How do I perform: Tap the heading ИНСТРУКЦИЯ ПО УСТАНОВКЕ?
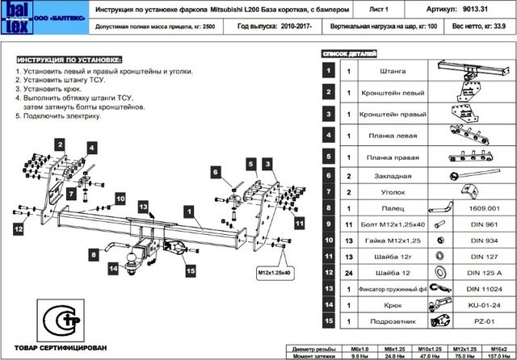[x=70, y=61]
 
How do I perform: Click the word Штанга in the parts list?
[x=391, y=70]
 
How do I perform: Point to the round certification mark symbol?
[x=59, y=321]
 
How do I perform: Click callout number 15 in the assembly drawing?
[x=191, y=271]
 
